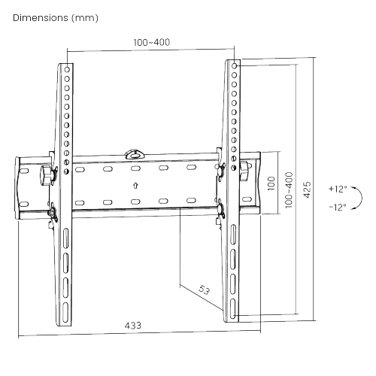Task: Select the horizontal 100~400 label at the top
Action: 152,42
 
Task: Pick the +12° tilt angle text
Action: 338,189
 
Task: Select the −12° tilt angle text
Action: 338,207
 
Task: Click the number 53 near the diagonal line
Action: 204,290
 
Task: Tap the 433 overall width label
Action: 133,325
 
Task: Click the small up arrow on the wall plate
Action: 135,184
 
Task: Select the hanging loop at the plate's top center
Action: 135,153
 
